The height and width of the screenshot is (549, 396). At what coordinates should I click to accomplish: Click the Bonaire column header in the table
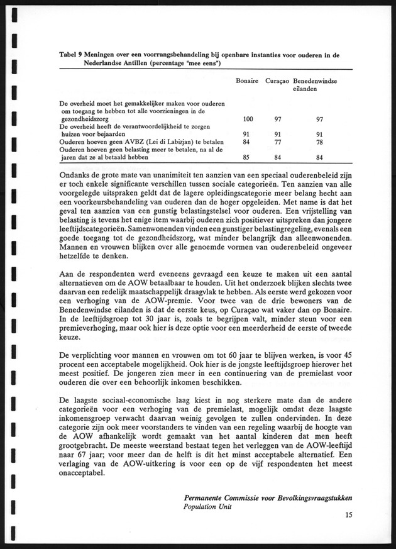[x=248, y=82]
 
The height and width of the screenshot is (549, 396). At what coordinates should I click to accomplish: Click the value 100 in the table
[x=248, y=119]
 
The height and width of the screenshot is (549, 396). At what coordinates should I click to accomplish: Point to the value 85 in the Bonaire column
[x=248, y=157]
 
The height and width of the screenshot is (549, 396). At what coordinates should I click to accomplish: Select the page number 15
[x=349, y=516]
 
